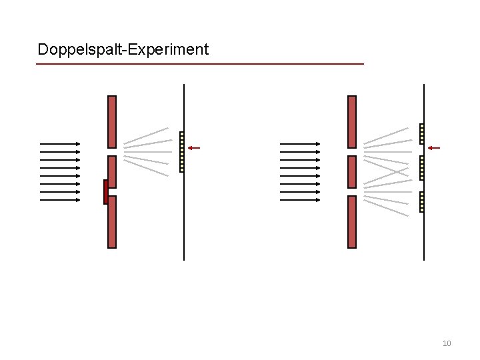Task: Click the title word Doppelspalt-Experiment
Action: (123, 49)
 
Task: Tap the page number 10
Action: (447, 343)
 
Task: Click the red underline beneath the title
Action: (200, 64)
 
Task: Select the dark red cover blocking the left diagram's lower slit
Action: (105, 192)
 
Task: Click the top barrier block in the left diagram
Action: (112, 121)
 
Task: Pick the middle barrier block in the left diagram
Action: (112, 171)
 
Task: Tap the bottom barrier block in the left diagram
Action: (112, 222)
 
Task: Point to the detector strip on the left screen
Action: (182, 152)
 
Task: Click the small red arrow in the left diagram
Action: (193, 147)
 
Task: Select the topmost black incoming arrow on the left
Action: (60, 143)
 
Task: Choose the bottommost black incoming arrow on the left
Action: (60, 199)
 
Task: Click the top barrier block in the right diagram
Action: (352, 121)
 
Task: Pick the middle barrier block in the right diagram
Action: (352, 171)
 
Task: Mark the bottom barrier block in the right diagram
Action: (352, 222)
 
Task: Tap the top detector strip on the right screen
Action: (421, 134)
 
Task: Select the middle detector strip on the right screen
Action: (421, 168)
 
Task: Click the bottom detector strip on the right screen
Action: (421, 202)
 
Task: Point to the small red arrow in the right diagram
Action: (433, 147)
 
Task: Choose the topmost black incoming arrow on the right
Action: (300, 143)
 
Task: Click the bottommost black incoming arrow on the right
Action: (300, 199)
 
